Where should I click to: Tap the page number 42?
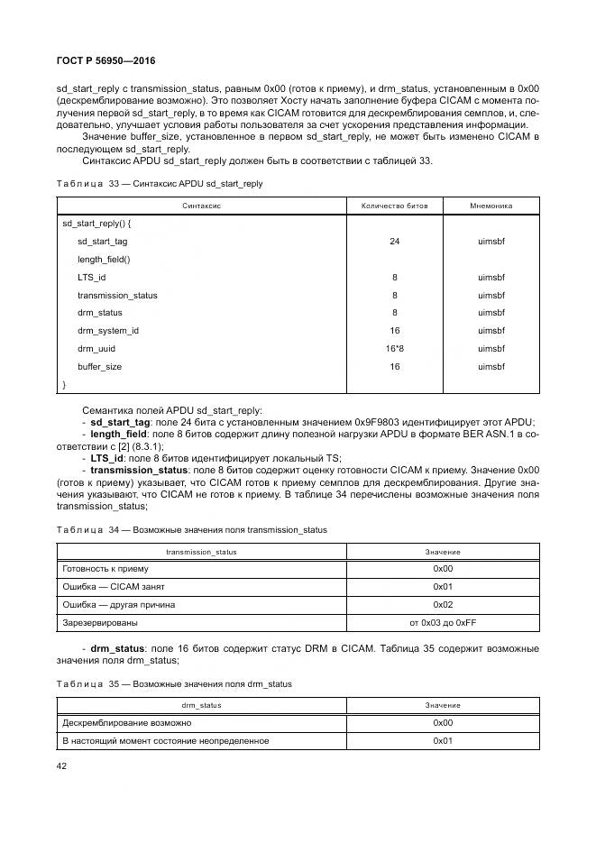pos(62,765)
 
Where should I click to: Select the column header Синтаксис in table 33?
pos(201,206)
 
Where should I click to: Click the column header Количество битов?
pos(394,206)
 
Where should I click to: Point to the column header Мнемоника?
pos(491,206)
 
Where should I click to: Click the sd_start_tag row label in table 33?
pos(102,242)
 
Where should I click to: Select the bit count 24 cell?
pos(394,242)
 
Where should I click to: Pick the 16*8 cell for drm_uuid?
pos(394,348)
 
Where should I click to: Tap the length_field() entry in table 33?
pos(104,260)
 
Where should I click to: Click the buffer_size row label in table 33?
pos(99,367)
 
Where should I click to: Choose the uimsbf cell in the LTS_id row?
pos(491,278)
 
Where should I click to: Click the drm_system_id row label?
pos(107,331)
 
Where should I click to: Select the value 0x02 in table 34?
pos(442,604)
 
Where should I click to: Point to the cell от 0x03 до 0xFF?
pos(442,622)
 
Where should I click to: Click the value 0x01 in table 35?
pos(442,740)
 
